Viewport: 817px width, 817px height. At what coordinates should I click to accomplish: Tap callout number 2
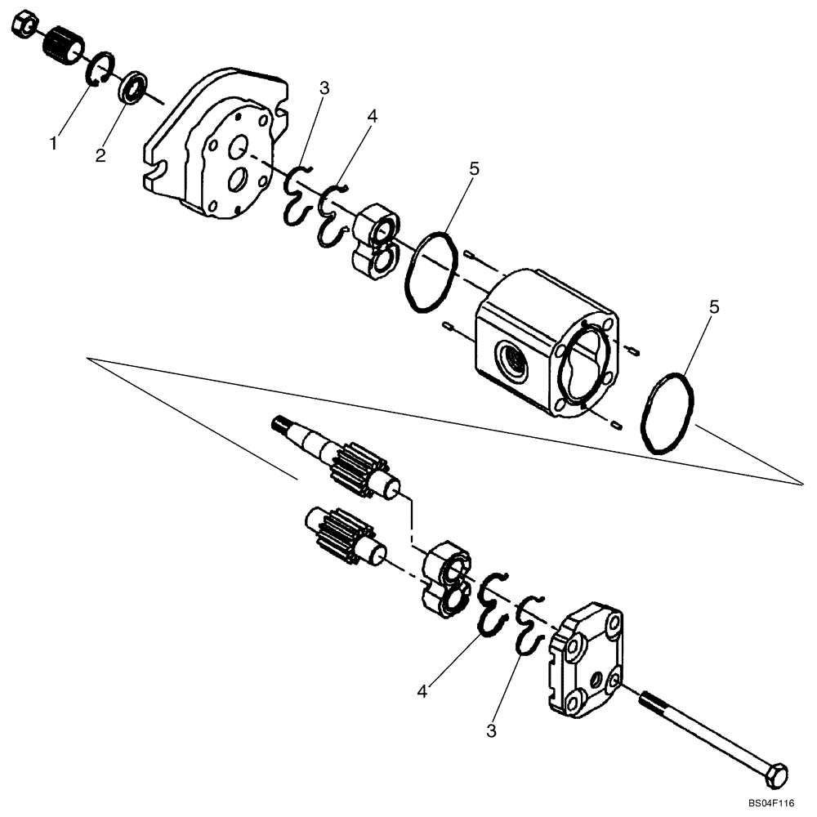point(100,155)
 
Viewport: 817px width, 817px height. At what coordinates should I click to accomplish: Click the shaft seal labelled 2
point(134,86)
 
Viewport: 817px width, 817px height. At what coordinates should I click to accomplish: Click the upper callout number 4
point(373,117)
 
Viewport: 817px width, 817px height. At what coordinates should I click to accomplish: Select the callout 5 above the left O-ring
point(475,170)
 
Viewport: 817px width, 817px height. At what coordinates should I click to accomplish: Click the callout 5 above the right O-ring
point(715,308)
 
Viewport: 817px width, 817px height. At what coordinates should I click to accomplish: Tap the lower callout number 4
point(422,691)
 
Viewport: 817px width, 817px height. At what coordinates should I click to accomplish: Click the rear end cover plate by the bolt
point(586,657)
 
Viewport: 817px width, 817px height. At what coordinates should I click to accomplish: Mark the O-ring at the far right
point(667,414)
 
